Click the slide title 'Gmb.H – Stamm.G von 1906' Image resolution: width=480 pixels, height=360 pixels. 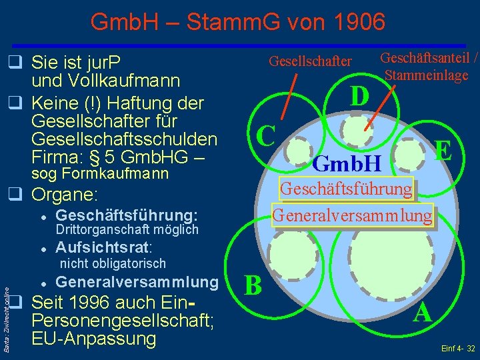238,23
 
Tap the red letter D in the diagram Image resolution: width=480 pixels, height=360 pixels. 360,96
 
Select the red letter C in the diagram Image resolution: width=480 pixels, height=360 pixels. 266,135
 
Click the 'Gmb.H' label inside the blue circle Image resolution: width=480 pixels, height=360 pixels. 347,162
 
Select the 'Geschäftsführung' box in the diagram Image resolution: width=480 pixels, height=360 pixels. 346,189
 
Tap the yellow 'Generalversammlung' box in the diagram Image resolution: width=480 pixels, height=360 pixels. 351,215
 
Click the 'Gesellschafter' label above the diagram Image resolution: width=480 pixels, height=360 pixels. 310,61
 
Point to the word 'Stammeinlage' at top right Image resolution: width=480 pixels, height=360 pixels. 426,75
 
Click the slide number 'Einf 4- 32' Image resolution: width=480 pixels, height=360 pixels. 458,349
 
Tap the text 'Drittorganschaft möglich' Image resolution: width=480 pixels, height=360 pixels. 127,229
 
